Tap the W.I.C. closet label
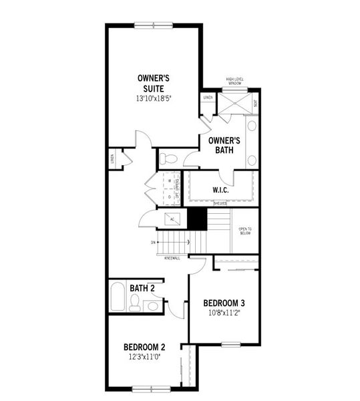click(221, 190)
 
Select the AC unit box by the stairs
click(172, 219)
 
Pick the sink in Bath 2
click(152, 305)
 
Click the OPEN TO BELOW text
click(244, 231)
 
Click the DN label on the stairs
click(153, 242)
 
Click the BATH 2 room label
click(144, 288)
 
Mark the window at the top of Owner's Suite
click(153, 25)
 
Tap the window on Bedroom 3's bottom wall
click(230, 344)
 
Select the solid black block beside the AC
click(196, 218)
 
